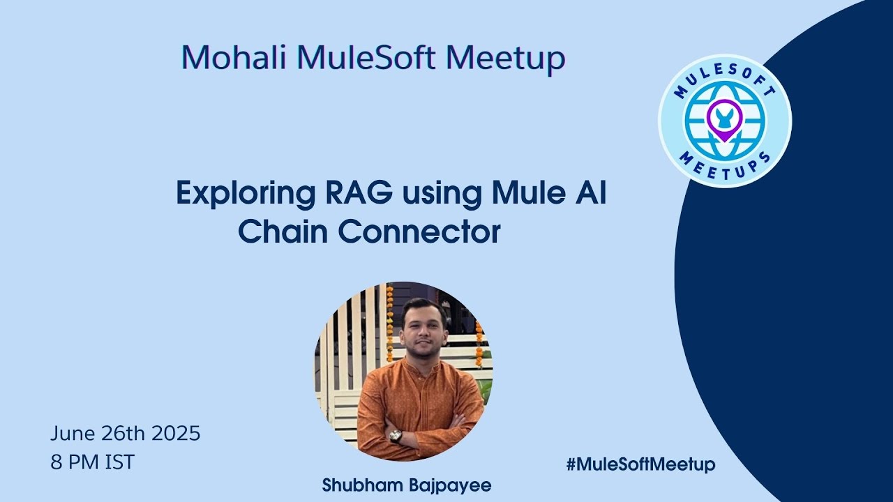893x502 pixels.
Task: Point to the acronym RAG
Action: (x=353, y=192)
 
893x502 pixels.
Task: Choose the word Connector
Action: (x=420, y=232)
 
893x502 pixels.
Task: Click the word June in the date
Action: (x=73, y=434)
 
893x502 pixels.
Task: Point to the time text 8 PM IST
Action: (x=92, y=462)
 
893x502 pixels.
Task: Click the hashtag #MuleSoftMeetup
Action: (x=640, y=464)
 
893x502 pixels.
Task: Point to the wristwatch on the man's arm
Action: (x=396, y=436)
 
